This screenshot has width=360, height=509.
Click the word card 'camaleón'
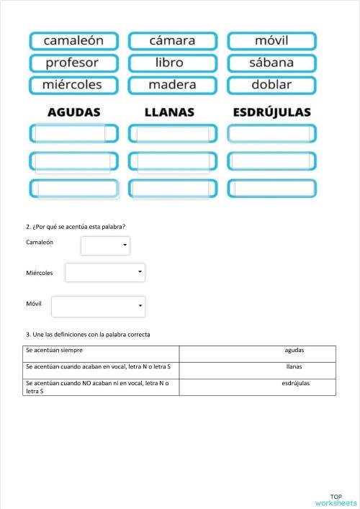point(73,41)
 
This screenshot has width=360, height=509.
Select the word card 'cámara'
point(172,41)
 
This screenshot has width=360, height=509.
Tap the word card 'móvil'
point(271,41)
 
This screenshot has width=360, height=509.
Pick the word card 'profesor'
point(73,63)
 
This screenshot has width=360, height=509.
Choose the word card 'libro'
point(172,63)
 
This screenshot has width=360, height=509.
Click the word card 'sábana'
point(271,63)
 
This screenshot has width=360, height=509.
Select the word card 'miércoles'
point(73,85)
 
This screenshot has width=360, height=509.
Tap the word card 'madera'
point(172,85)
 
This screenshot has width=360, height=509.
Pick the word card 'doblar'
point(271,85)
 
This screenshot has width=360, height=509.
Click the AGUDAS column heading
point(73,112)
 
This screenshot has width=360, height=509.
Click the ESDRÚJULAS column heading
point(271,112)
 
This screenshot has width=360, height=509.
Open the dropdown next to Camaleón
point(105,246)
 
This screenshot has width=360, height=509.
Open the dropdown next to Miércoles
point(105,273)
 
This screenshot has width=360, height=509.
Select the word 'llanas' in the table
point(294,367)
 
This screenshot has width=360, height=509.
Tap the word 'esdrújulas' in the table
point(295,384)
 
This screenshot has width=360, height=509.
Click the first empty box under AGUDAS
point(73,134)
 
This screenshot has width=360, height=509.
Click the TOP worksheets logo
point(336,500)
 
